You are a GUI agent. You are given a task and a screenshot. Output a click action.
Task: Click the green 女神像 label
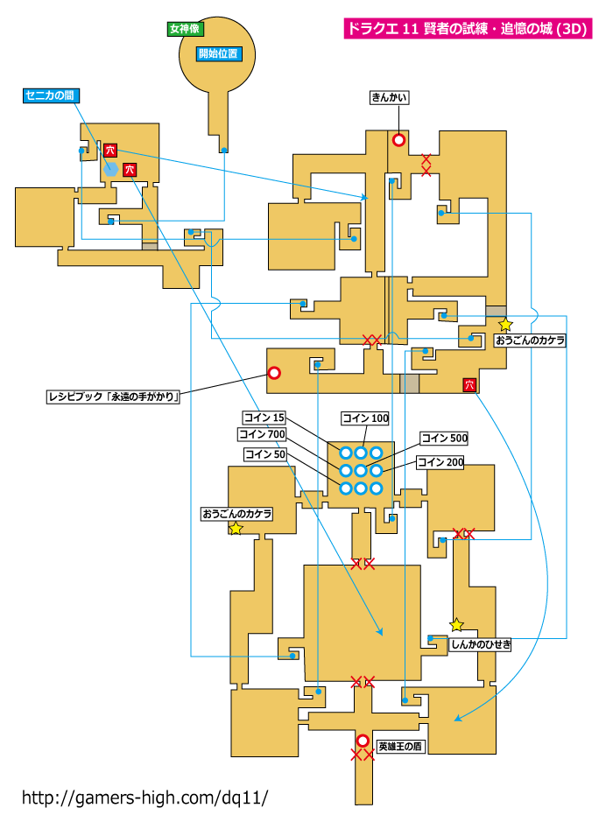click(x=185, y=29)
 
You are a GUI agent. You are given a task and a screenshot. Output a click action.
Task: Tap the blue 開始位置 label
click(x=218, y=53)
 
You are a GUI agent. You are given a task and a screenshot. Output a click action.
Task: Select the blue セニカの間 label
click(x=51, y=95)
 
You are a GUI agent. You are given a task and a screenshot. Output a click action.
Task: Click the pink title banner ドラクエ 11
click(x=468, y=29)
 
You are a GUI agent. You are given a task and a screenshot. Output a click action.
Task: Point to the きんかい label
click(x=389, y=97)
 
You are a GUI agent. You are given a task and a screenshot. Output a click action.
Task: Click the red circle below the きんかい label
click(x=398, y=140)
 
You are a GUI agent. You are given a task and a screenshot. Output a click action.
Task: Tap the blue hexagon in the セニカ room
click(x=110, y=169)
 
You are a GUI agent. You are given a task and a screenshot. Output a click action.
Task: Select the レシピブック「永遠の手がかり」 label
click(x=114, y=397)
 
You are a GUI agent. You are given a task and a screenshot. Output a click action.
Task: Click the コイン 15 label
click(x=264, y=418)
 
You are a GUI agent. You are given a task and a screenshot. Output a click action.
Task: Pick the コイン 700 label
click(x=262, y=434)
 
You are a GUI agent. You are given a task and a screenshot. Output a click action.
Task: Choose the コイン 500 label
click(x=444, y=438)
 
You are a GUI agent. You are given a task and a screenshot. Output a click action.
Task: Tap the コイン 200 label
click(x=440, y=462)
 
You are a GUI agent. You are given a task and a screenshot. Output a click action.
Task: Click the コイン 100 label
click(x=365, y=418)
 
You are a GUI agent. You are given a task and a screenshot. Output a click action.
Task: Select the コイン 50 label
click(x=265, y=454)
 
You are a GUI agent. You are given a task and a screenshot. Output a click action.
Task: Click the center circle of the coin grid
click(x=361, y=470)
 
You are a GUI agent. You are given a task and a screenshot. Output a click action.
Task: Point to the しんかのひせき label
click(x=480, y=644)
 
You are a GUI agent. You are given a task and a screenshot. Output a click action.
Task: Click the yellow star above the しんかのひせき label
click(x=456, y=625)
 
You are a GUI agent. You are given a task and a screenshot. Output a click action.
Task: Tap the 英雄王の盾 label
click(x=400, y=747)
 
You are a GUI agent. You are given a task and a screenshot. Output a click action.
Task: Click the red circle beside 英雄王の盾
click(x=363, y=741)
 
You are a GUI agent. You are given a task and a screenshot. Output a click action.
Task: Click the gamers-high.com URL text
click(x=144, y=797)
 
